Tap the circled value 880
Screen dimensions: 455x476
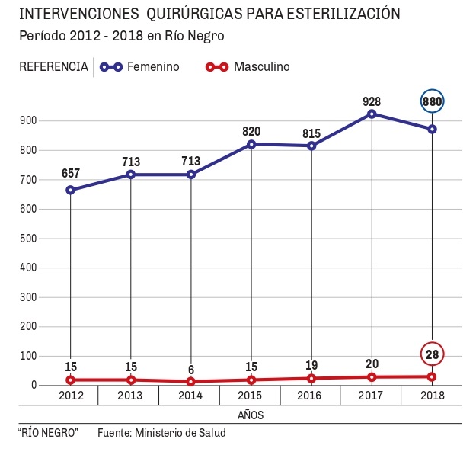(432, 101)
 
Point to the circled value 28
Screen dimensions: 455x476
(432, 354)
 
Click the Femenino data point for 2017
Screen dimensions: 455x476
(372, 114)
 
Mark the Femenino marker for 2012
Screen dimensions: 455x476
(70, 190)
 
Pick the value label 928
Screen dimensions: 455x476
(372, 101)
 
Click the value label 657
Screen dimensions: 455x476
(71, 174)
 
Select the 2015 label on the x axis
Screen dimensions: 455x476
(251, 396)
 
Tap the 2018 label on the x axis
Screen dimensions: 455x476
(432, 396)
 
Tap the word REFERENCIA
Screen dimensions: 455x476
(53, 67)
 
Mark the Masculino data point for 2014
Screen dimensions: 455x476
(190, 382)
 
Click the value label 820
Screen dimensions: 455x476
(251, 130)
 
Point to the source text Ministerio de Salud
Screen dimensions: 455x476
(180, 433)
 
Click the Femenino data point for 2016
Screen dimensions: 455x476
(311, 146)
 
